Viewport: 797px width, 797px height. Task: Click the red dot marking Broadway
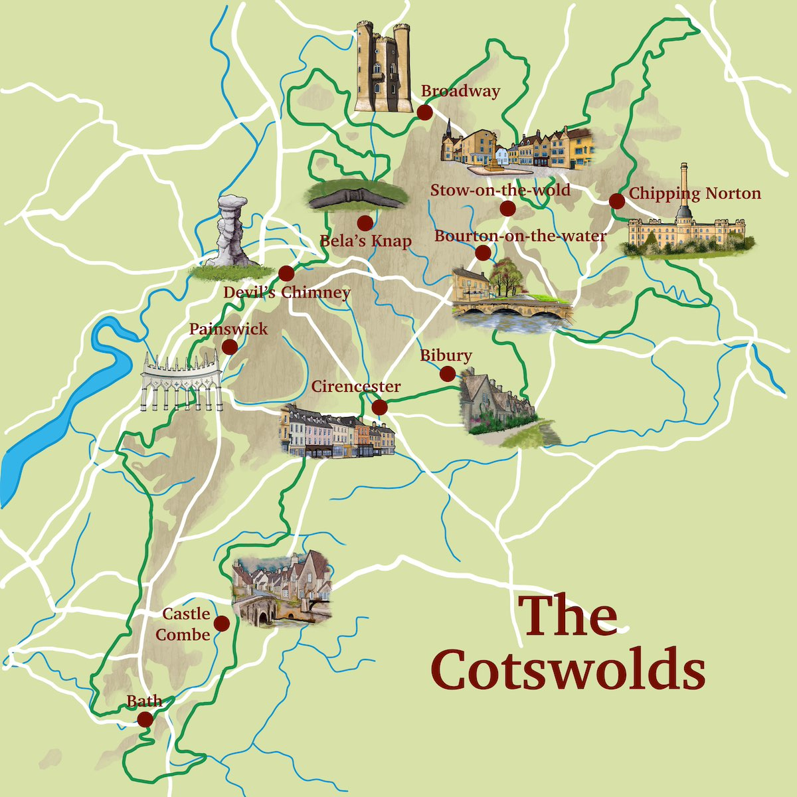424,112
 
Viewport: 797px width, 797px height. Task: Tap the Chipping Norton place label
695,193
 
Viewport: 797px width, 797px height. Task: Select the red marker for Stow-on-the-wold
507,209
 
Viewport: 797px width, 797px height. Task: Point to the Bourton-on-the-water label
520,236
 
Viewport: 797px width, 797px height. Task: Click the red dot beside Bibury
448,374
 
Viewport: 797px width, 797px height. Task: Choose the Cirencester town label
356,387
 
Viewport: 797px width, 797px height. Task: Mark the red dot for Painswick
229,347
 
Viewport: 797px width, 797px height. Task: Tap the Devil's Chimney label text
286,292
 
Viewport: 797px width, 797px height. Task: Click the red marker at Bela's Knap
364,223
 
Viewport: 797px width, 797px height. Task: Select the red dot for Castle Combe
221,623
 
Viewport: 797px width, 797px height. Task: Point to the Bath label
144,701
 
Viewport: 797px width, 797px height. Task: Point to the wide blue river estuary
60,412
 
